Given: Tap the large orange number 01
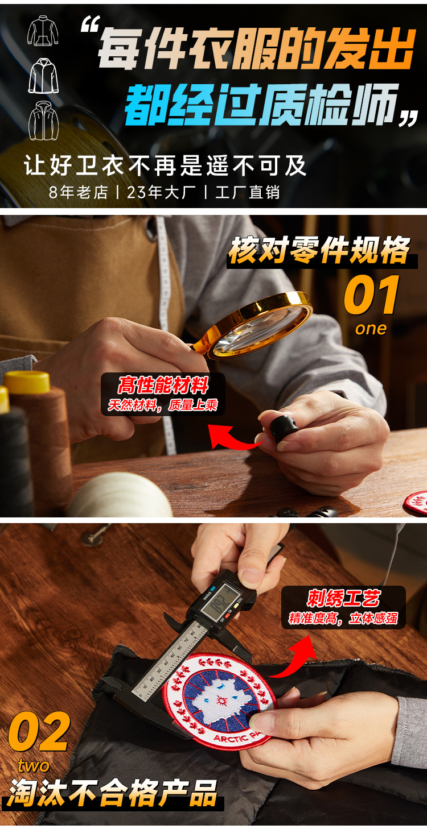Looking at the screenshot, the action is [x=372, y=295].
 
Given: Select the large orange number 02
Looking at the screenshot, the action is [x=39, y=732].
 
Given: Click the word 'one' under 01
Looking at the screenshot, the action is [x=371, y=329].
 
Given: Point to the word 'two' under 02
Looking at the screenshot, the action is [x=34, y=765].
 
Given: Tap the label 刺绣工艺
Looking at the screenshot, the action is [x=343, y=598].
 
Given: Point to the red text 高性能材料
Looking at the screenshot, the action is [x=163, y=385].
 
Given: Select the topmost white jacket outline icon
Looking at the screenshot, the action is [x=43, y=31].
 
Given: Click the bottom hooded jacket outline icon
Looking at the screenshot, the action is [x=44, y=121].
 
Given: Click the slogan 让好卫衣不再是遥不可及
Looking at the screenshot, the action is [x=165, y=165].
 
